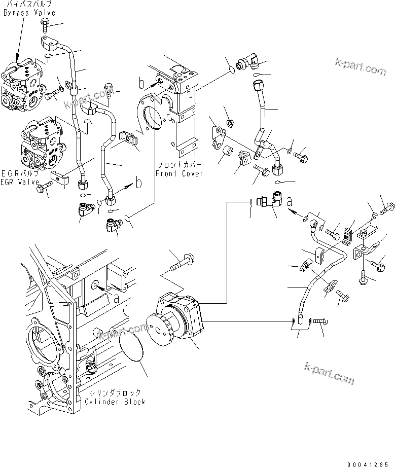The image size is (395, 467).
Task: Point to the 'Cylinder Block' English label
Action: pyautogui.click(x=114, y=402)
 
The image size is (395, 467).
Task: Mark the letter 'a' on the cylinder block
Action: pyautogui.click(x=117, y=299)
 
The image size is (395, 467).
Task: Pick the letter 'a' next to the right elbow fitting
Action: pyautogui.click(x=290, y=201)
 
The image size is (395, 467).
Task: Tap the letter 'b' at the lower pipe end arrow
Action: pyautogui.click(x=138, y=184)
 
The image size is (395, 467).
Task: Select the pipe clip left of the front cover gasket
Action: pyautogui.click(x=129, y=139)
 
